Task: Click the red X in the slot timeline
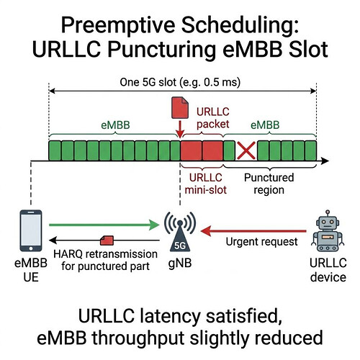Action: pos(246,150)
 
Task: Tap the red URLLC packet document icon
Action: pos(180,107)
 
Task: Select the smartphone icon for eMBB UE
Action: pos(31,230)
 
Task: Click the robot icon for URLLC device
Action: pos(328,231)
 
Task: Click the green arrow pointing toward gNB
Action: pos(104,225)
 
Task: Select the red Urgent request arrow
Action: pos(253,231)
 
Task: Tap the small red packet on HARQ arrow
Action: pos(107,240)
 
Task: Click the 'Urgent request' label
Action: pos(261,242)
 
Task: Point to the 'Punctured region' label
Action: pos(269,184)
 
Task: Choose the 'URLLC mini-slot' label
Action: pos(206,184)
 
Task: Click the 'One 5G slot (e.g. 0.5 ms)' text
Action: pos(180,82)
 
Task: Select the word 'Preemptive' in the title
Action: pos(118,26)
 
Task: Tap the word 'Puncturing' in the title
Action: pos(161,50)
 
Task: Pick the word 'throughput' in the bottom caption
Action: pos(139,338)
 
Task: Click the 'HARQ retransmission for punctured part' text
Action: pos(105,260)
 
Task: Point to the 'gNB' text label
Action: pos(180,264)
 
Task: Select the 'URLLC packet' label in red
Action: pos(213,118)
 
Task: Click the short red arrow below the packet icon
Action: pos(180,130)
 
